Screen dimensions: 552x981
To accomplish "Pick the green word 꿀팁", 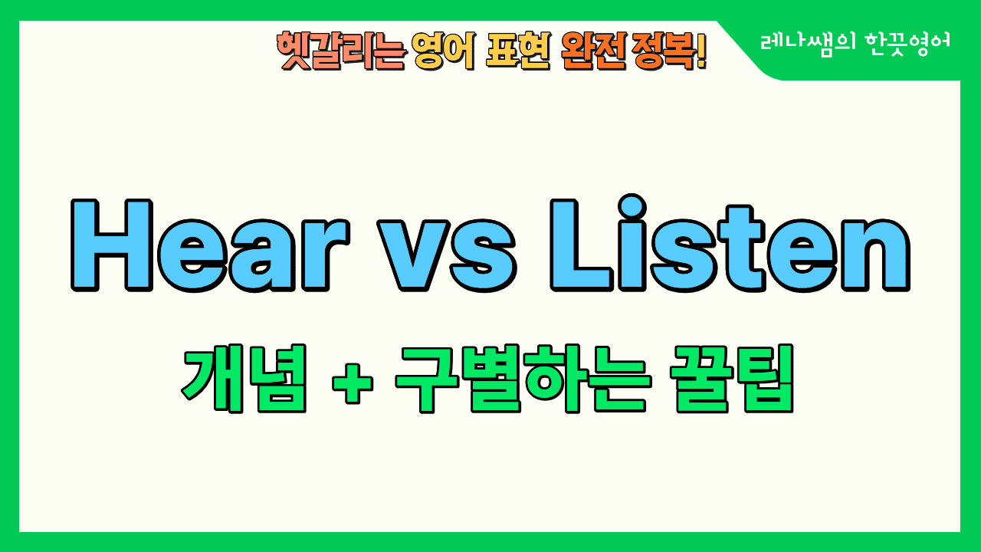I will pos(732,378).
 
